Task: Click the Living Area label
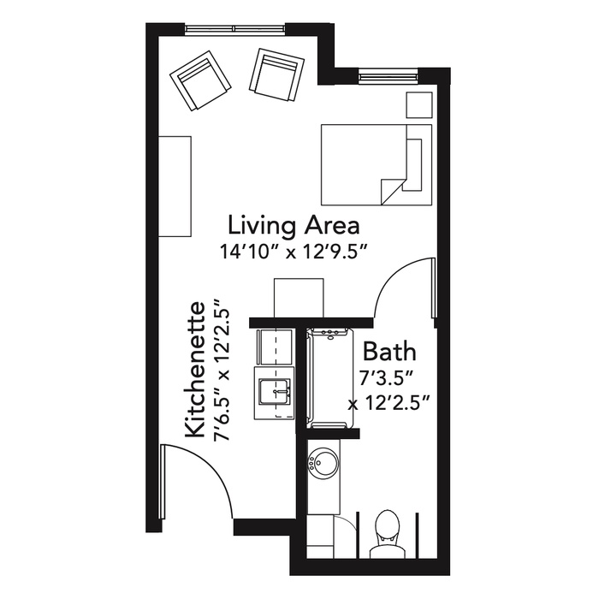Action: tap(294, 225)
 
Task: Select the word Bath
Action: tap(389, 352)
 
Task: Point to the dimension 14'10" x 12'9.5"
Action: tap(294, 252)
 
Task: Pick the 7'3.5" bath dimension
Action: tap(386, 378)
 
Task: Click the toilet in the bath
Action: tap(388, 535)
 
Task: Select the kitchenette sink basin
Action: tap(275, 391)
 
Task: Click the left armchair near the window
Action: tap(200, 81)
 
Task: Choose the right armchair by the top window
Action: tap(276, 75)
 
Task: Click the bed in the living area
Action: tap(377, 164)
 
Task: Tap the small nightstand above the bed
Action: tap(419, 104)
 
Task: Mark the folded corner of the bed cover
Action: tap(392, 191)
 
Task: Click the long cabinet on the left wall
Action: tap(175, 187)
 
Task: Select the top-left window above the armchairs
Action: tap(235, 28)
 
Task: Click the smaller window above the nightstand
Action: tap(388, 76)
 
